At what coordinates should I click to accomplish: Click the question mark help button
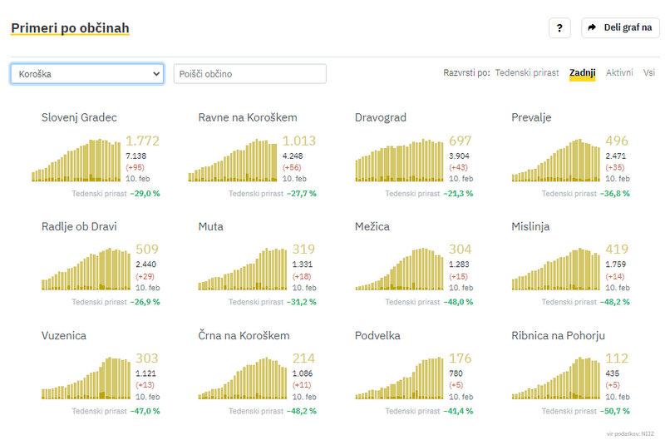point(559,27)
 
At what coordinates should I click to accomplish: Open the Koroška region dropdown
point(86,74)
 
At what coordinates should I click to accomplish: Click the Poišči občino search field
point(249,74)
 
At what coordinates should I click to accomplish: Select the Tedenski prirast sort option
point(527,73)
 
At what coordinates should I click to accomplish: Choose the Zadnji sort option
point(582,73)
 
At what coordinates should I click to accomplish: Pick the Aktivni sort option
point(619,73)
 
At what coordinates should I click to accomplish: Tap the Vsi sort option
point(648,73)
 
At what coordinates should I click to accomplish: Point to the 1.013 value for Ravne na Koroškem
point(299,141)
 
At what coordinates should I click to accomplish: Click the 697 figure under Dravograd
point(460,141)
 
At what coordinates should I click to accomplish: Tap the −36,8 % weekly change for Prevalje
point(616,193)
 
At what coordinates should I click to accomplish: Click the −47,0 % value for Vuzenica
point(145,411)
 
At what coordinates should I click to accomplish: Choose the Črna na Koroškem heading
point(244,335)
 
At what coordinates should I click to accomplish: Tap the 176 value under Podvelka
point(460,358)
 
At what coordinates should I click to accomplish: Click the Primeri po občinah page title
point(70,28)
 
